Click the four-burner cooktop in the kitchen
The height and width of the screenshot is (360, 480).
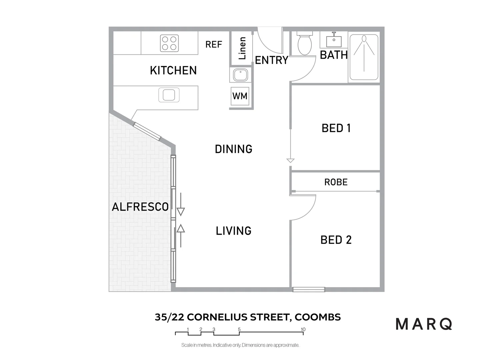(169, 43)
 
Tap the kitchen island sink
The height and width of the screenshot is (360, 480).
(169, 95)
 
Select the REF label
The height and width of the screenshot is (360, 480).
(214, 44)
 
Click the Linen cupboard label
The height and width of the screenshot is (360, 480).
(242, 48)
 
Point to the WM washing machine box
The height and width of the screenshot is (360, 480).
(240, 96)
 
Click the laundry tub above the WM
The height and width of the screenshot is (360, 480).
(240, 75)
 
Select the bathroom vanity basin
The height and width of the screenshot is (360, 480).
(334, 41)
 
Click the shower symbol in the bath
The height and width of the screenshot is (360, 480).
(364, 55)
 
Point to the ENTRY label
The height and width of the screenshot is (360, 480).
(272, 60)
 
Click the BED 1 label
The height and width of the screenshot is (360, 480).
(336, 128)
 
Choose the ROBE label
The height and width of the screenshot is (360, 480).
(336, 182)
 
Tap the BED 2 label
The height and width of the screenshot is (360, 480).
(336, 240)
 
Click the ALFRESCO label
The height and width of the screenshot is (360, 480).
(140, 207)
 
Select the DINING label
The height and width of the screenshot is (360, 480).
(234, 149)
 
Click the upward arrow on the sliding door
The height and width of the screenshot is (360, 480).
(181, 233)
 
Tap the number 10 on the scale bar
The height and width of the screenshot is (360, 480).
(303, 329)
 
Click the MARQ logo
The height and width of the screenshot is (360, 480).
(424, 324)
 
